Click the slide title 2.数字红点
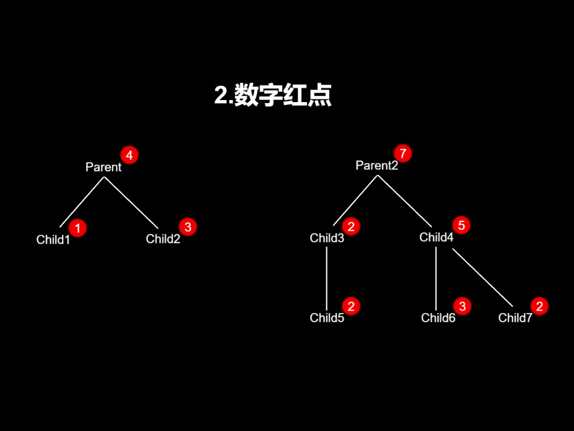[273, 95]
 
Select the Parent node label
[103, 167]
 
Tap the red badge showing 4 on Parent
[129, 155]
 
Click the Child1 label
[53, 239]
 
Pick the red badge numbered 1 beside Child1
[77, 228]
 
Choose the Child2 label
[163, 239]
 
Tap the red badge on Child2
[188, 227]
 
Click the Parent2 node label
[376, 166]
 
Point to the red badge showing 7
[403, 154]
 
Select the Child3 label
[327, 238]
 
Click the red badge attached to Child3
[351, 227]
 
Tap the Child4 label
[436, 237]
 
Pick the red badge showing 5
[461, 226]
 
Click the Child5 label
[327, 318]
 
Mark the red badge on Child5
[351, 306]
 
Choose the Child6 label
[438, 318]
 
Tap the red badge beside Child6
[462, 306]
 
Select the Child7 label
[515, 318]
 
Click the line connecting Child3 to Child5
[327, 278]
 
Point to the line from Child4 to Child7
[482, 278]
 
